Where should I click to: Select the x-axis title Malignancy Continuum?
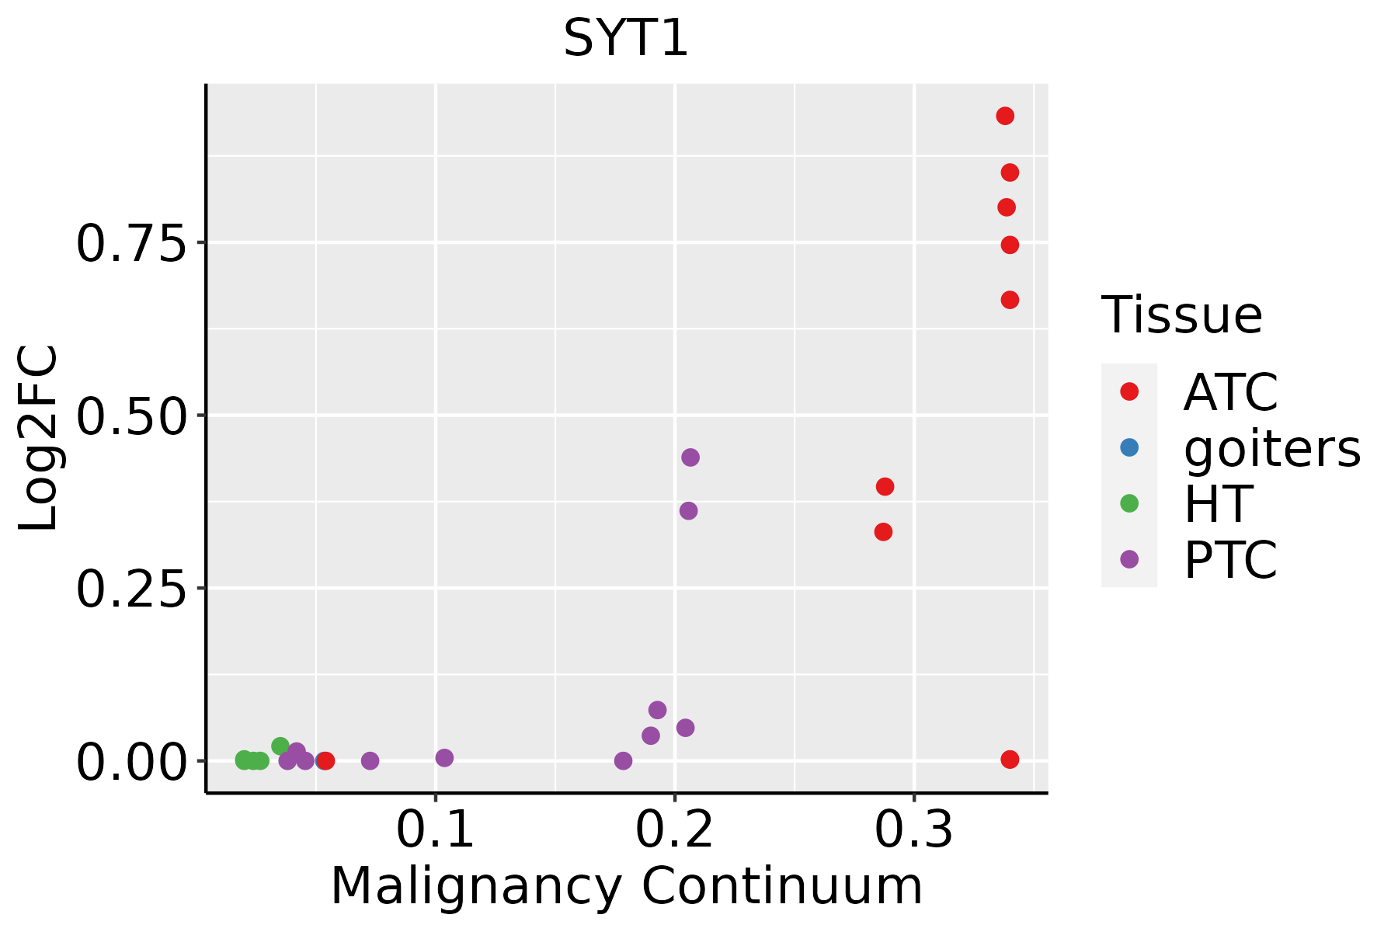pos(626,887)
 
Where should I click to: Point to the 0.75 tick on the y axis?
pos(132,244)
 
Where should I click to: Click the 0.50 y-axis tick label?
pos(132,416)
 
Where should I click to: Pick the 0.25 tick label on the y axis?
pos(132,589)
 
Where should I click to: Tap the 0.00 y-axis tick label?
pos(132,762)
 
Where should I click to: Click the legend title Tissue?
pos(1182,315)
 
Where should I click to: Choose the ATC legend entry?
pos(1230,392)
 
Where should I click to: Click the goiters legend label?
pos(1272,448)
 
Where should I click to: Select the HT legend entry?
pos(1218,504)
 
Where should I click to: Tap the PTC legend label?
pos(1230,560)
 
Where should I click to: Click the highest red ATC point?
pos(1005,116)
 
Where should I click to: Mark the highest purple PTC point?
pos(690,457)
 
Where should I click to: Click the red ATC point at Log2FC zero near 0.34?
pos(1010,760)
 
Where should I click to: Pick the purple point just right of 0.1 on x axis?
pos(444,758)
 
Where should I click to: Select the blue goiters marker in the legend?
pos(1129,448)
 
